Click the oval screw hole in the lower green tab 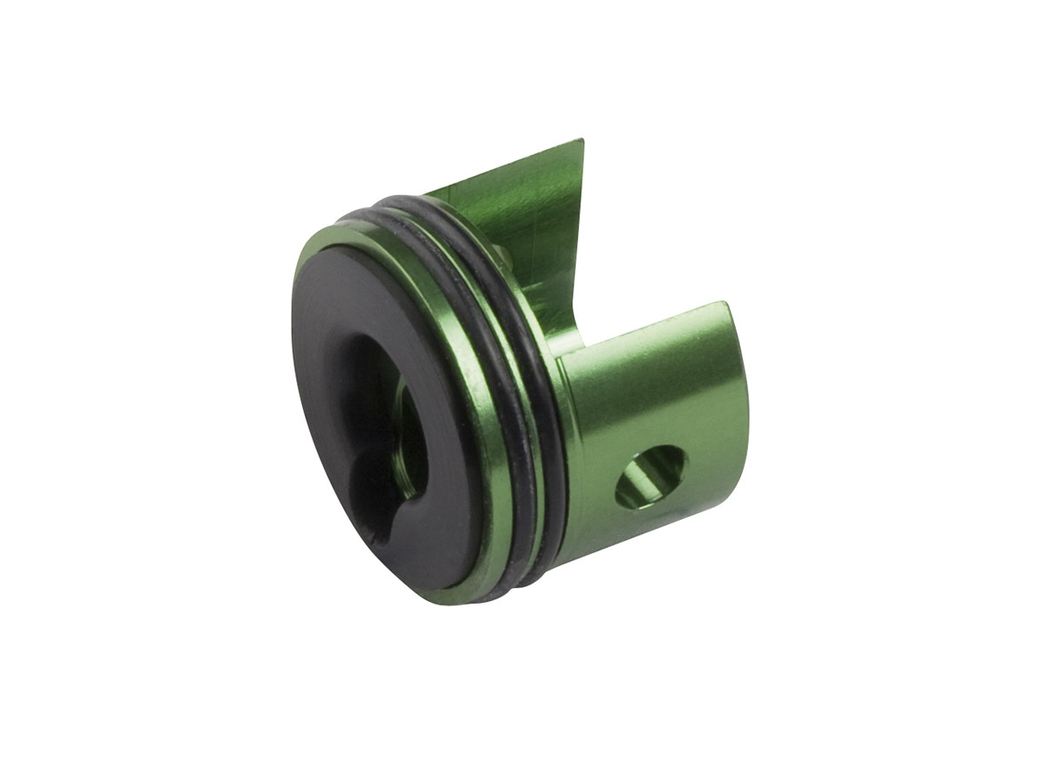(651, 476)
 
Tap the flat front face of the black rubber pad (344, 366)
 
